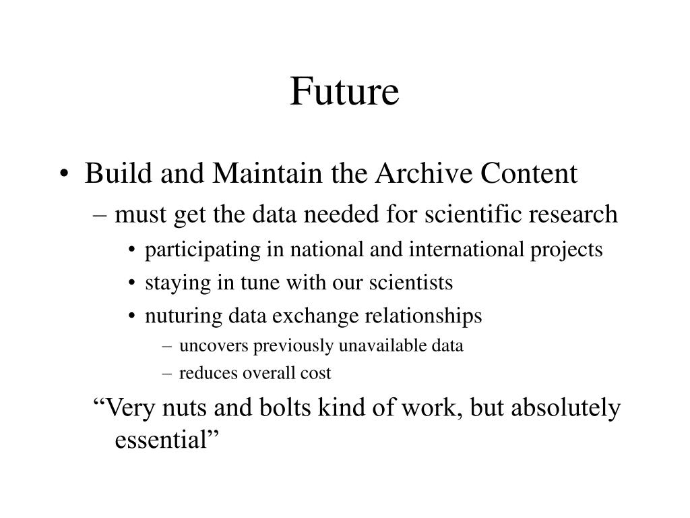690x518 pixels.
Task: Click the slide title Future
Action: [x=344, y=91]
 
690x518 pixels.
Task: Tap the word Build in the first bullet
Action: [x=119, y=173]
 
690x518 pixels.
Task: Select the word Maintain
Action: [x=268, y=173]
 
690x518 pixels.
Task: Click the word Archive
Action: [x=424, y=173]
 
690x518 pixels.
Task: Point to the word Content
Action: [x=528, y=173]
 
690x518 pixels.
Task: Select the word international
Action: [x=466, y=249]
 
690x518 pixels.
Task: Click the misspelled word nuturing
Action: [x=183, y=316]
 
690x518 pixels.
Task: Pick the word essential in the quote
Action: [x=160, y=439]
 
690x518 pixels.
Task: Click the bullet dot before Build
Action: [x=64, y=173]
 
